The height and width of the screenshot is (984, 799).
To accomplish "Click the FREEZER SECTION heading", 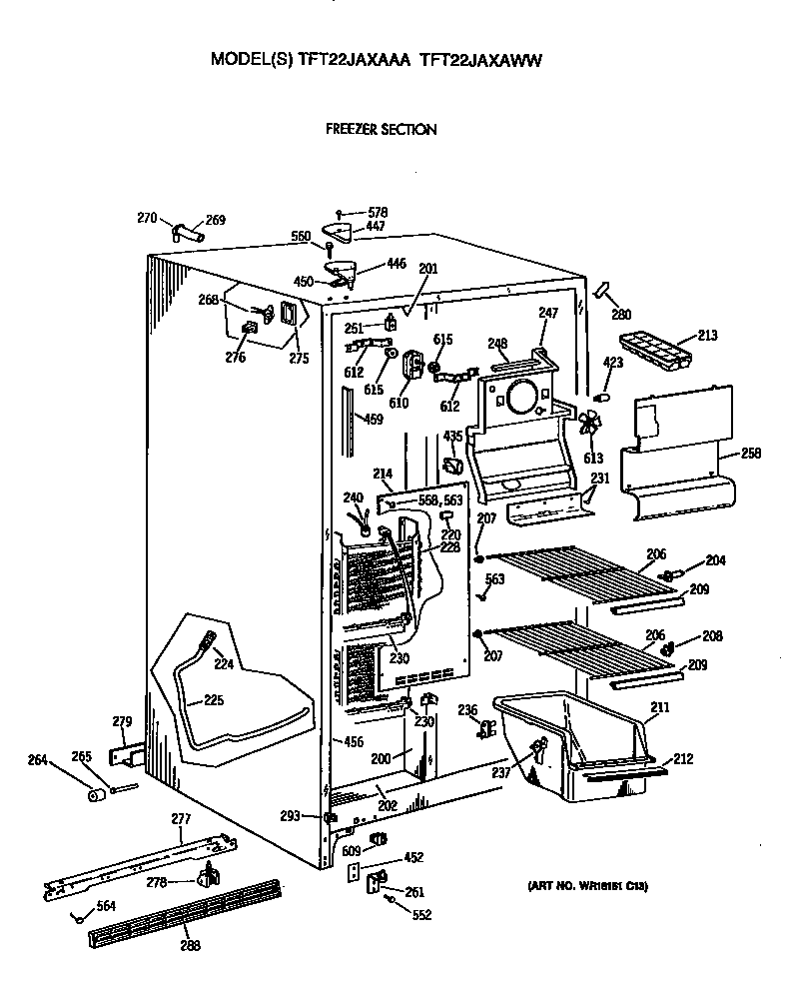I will click(x=381, y=129).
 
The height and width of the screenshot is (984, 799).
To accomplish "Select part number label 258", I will click(x=751, y=454).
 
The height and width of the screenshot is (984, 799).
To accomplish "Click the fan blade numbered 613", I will click(x=588, y=425).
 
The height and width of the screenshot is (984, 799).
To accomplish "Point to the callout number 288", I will click(x=188, y=946).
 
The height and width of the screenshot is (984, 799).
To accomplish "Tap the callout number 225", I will click(x=214, y=699).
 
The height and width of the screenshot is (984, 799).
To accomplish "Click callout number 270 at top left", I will click(x=147, y=217).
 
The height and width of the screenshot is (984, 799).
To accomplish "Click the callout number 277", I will click(x=181, y=818).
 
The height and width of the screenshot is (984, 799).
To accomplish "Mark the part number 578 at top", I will click(x=378, y=212).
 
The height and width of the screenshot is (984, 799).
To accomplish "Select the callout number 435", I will click(x=453, y=436).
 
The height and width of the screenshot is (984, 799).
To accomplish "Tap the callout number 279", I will click(x=122, y=721).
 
